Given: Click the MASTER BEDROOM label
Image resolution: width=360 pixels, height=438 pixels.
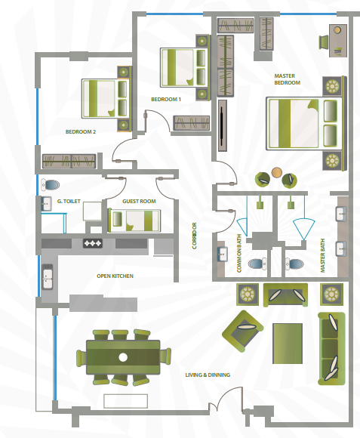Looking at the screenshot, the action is tap(287, 79).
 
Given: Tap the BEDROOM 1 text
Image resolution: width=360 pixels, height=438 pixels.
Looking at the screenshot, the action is tap(166, 100).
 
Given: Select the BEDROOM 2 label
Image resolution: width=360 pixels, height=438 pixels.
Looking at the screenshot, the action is tap(81, 132).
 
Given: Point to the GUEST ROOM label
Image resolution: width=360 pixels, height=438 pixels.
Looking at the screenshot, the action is tap(139, 201).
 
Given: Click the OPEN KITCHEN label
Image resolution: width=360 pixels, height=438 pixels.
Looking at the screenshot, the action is tap(115, 276).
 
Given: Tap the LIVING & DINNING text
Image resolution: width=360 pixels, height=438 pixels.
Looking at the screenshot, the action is tap(208, 375).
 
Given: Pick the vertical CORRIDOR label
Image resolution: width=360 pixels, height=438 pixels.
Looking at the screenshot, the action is tap(195, 236).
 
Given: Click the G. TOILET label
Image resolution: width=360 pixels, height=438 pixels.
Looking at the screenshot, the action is tap(69, 201).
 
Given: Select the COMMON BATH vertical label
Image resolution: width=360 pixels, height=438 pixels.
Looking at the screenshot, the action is tap(239, 253).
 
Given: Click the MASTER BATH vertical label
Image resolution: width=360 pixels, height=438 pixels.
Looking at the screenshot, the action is tap(322, 255).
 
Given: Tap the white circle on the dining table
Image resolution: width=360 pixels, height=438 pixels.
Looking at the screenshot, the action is tap(123, 357).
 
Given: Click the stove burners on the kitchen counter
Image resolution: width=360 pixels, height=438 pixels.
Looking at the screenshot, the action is tap(93, 243).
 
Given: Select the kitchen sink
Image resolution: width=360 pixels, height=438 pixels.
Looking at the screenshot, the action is tap(47, 277).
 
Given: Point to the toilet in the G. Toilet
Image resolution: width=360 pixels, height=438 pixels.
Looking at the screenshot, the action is tap(51, 185).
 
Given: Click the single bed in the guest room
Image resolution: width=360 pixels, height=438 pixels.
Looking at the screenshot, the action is tap(134, 221).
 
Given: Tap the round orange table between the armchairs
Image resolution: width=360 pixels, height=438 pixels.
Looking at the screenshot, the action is tap(277, 172).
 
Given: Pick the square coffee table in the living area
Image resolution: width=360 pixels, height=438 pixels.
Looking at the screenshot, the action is tap(288, 344).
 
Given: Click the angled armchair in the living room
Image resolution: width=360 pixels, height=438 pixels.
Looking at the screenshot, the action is tap(242, 331).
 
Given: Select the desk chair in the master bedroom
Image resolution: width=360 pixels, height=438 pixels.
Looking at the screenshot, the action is tap(324, 42).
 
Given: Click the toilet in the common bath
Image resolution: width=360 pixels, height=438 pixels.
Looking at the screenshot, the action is tap(257, 264).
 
